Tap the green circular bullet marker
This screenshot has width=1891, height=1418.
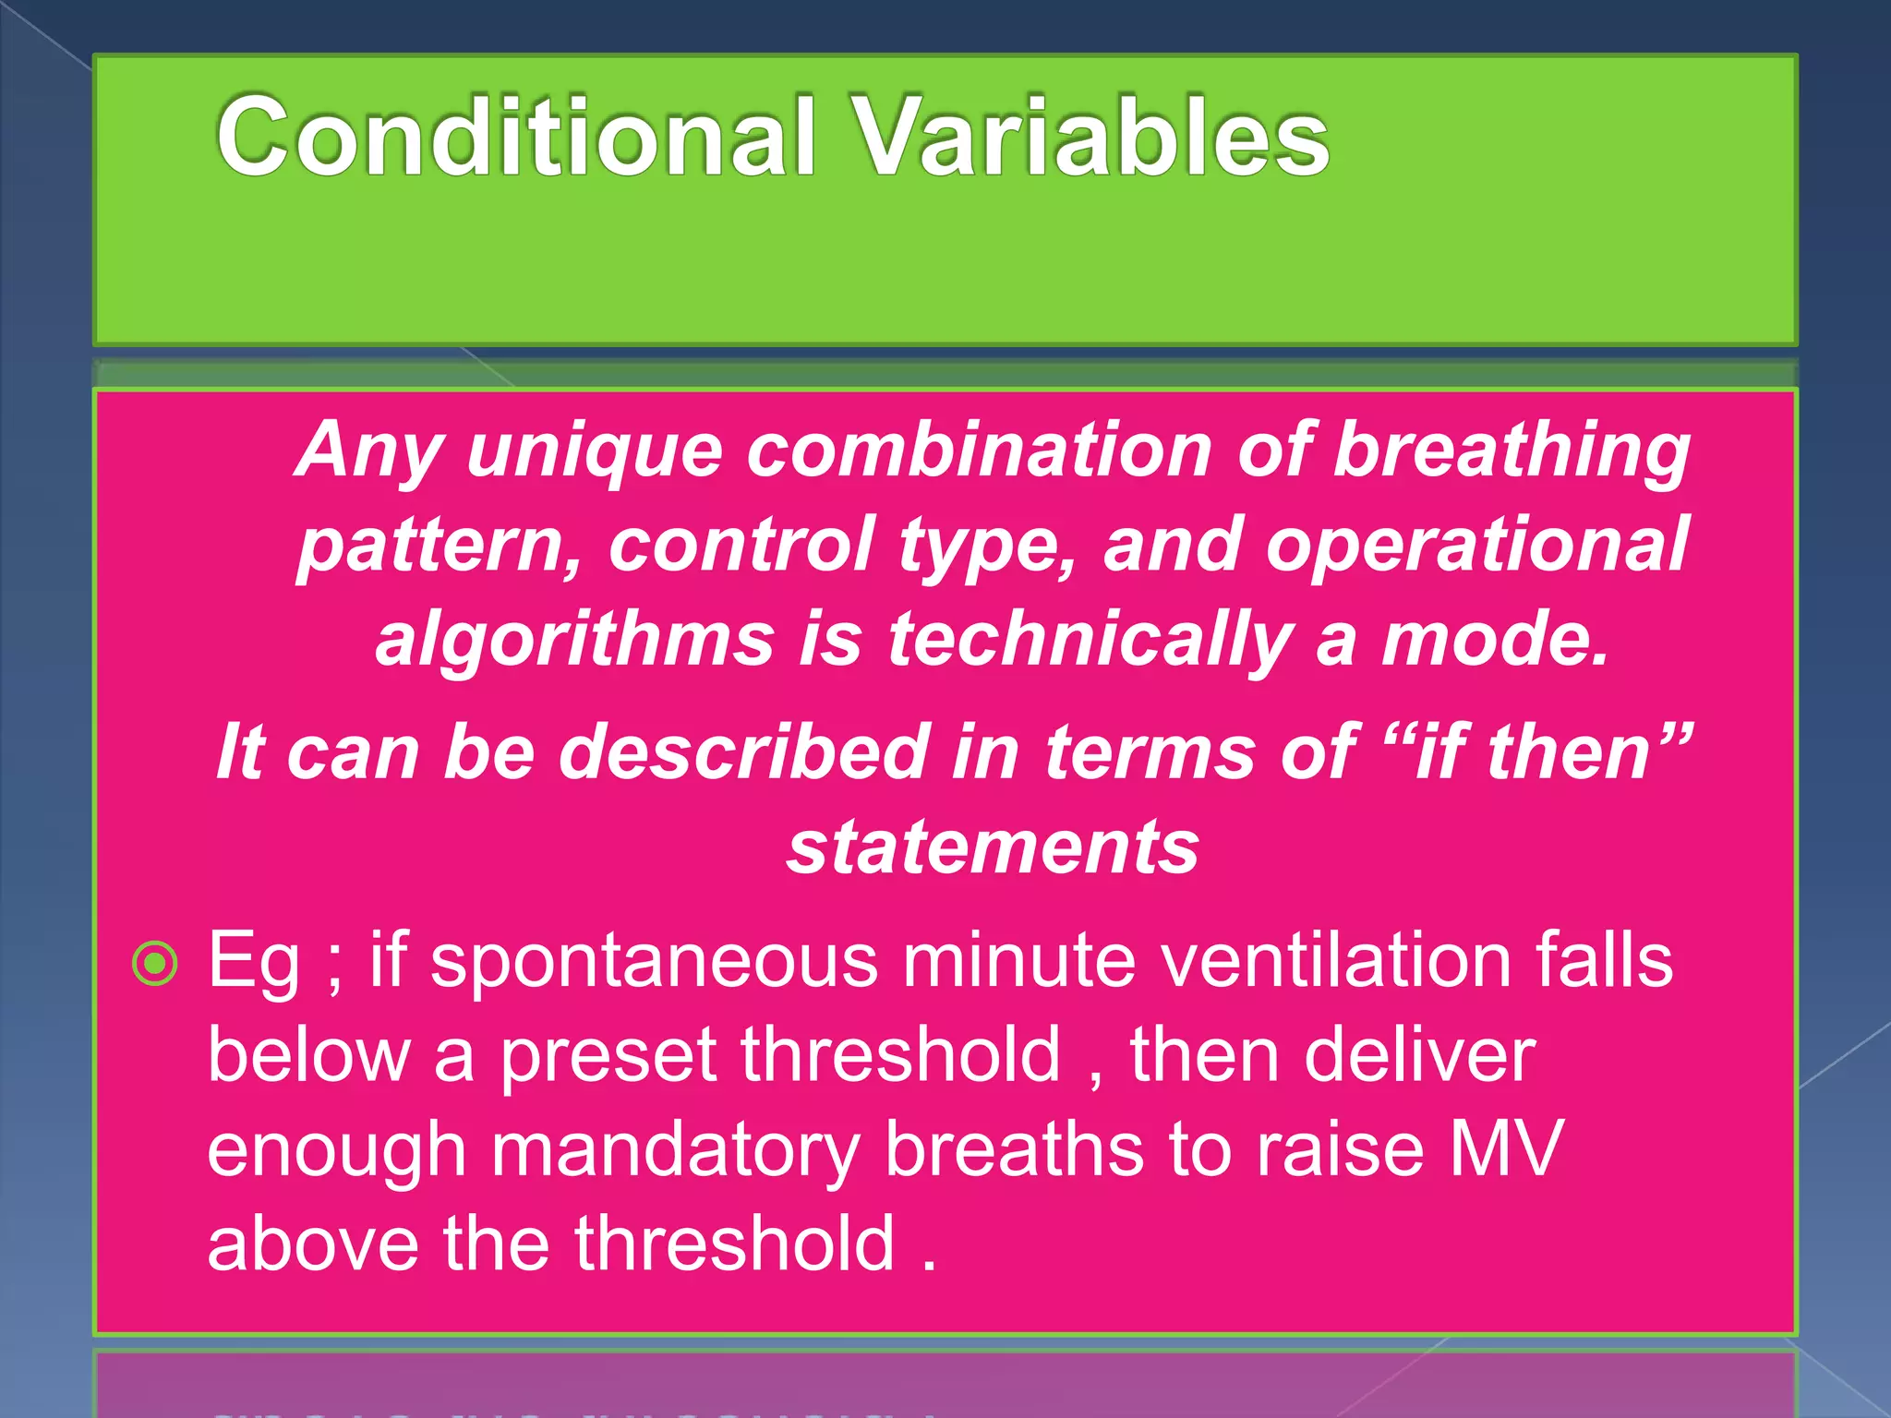154,964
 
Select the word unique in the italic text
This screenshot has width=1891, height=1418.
594,451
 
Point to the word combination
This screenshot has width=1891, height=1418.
979,451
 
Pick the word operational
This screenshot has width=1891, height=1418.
1477,545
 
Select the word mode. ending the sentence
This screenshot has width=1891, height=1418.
1495,640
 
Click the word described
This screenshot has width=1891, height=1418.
744,752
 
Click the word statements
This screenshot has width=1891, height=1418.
993,847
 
